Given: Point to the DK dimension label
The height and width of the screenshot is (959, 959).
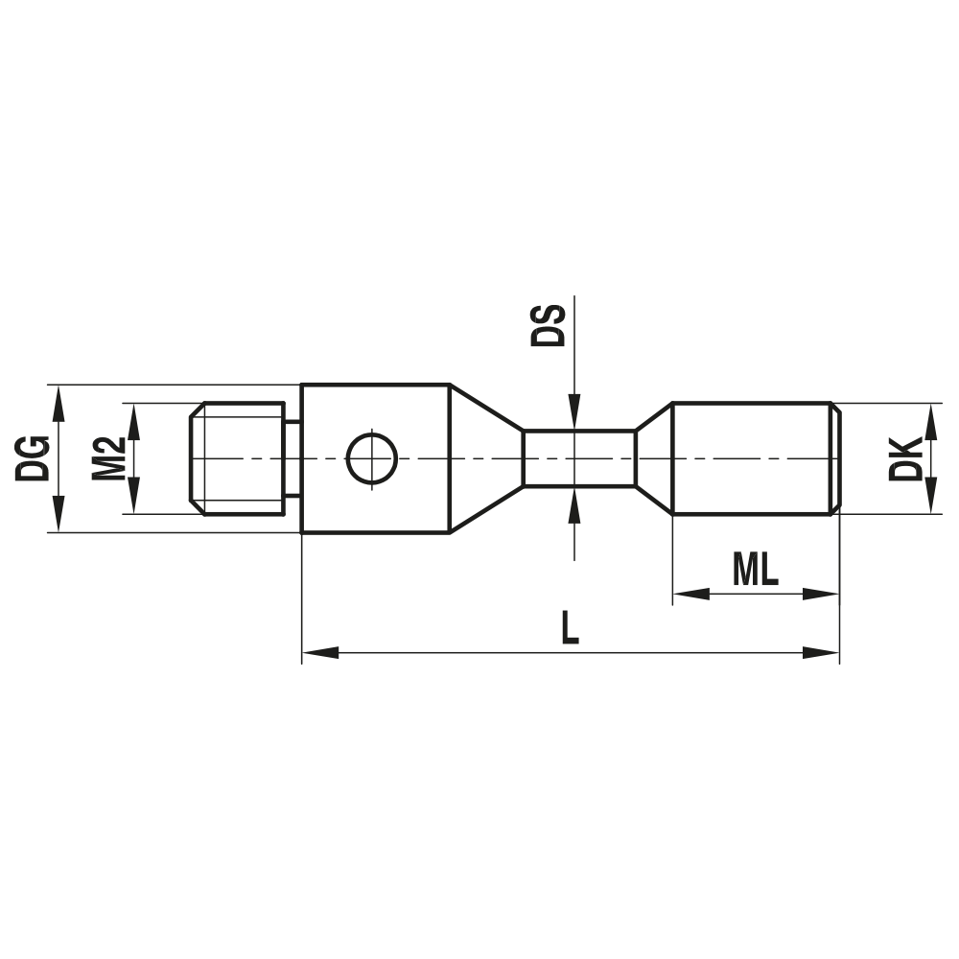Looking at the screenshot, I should (904, 458).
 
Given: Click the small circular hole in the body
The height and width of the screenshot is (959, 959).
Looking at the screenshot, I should (372, 458).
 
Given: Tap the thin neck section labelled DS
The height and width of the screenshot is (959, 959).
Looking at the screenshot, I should (578, 458).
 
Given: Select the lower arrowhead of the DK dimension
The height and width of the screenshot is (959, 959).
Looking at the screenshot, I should (930, 500).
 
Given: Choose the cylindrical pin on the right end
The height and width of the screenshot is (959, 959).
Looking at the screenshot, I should (753, 458).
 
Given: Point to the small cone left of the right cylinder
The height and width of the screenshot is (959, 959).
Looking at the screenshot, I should (655, 458).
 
